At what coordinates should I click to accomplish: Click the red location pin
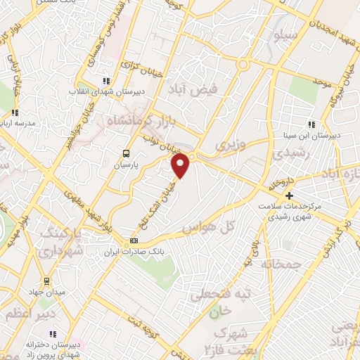(181, 166)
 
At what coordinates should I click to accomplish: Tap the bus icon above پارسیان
(126, 153)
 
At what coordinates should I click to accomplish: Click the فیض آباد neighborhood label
(189, 89)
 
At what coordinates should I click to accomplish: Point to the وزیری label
(231, 144)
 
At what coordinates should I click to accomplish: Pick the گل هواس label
(203, 229)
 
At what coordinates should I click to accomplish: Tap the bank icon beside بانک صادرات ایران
(134, 241)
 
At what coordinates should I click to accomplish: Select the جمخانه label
(281, 264)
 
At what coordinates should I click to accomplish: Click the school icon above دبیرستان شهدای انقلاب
(106, 82)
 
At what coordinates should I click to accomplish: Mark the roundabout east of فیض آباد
(243, 65)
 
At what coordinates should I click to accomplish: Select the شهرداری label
(60, 250)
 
